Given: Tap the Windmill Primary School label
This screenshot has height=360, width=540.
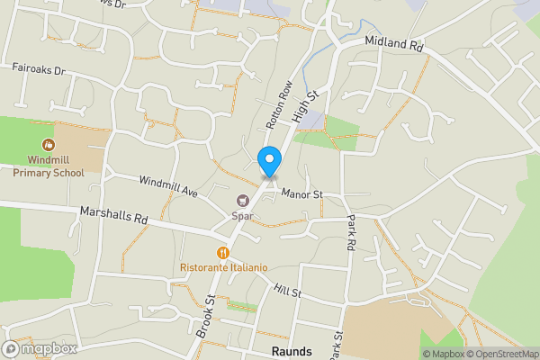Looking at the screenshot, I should pos(49,165).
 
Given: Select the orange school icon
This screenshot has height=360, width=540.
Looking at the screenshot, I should pos(48,144).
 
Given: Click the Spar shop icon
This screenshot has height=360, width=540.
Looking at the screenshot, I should pos(241,201).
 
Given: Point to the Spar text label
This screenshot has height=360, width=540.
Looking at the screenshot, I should pos(241,216).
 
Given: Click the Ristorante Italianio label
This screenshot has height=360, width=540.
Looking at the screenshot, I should pos(224,267).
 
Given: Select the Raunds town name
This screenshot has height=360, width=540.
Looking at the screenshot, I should pos(291,351).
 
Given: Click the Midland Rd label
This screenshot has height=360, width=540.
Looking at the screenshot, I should pos(394,43).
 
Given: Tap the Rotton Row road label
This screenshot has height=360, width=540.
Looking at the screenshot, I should pos(274,103).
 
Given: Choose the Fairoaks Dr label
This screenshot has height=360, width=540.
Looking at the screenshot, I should pos(39,68).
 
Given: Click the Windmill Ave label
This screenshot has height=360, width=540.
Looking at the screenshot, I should pos(167,186).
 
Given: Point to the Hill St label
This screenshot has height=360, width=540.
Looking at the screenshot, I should pos(288,293).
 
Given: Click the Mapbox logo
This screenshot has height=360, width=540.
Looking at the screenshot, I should pos(40,348).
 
